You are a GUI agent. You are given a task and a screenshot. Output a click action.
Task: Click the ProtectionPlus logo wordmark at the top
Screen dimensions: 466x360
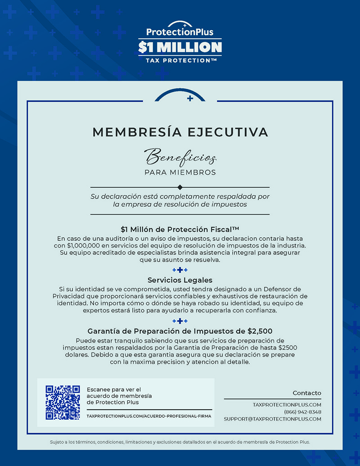point(180,32)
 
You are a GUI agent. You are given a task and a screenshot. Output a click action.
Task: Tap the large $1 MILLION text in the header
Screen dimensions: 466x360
point(180,47)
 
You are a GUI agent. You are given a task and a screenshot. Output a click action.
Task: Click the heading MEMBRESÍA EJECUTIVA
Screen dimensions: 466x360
point(180,132)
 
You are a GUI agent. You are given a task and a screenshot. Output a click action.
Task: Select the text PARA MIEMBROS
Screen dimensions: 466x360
point(180,172)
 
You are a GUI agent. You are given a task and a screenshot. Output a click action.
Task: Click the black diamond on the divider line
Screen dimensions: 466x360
point(180,187)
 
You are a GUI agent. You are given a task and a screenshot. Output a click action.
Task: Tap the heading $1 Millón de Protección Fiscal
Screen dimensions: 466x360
point(180,229)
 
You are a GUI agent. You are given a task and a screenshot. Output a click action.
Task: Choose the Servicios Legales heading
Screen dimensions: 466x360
point(180,280)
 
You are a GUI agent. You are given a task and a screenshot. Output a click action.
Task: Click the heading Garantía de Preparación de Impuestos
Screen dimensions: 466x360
point(180,331)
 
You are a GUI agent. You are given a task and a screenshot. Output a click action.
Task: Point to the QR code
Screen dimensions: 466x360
point(63,402)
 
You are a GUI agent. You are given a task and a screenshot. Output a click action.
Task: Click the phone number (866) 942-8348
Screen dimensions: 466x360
point(302,412)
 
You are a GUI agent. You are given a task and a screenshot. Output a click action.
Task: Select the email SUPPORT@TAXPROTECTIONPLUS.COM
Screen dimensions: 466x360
point(273,419)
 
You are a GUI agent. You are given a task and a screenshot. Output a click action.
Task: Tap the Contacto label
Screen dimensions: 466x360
point(307,393)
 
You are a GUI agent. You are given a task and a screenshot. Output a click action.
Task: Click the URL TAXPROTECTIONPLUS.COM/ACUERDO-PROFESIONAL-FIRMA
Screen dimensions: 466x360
point(149,416)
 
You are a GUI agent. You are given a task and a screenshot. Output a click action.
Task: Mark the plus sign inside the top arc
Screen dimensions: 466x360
point(190,98)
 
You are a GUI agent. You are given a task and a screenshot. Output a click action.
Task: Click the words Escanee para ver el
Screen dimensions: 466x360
point(114,389)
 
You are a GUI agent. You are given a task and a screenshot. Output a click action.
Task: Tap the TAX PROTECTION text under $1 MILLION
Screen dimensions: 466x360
point(178,60)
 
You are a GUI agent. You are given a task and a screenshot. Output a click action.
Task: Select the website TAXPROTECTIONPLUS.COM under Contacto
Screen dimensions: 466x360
point(287,405)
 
